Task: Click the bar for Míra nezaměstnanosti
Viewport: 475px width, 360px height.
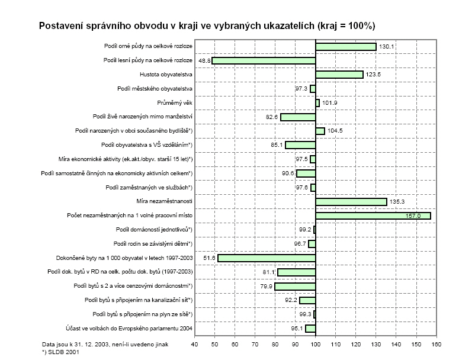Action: pyautogui.click(x=351, y=202)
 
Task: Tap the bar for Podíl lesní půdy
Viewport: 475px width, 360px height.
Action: pyautogui.click(x=264, y=60)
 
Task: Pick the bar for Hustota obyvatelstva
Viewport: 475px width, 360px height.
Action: pyautogui.click(x=339, y=75)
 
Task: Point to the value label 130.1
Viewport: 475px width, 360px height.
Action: pyautogui.click(x=386, y=47)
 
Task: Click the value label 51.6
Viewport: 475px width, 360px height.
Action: pyautogui.click(x=209, y=258)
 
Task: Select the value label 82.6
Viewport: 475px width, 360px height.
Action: pyautogui.click(x=272, y=117)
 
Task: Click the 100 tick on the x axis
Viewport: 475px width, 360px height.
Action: pyautogui.click(x=315, y=343)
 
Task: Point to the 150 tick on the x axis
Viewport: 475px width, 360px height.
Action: pyautogui.click(x=416, y=343)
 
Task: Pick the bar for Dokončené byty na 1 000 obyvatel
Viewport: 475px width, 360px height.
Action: pyautogui.click(x=267, y=258)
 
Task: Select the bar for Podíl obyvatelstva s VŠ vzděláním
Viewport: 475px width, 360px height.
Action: pyautogui.click(x=300, y=145)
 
